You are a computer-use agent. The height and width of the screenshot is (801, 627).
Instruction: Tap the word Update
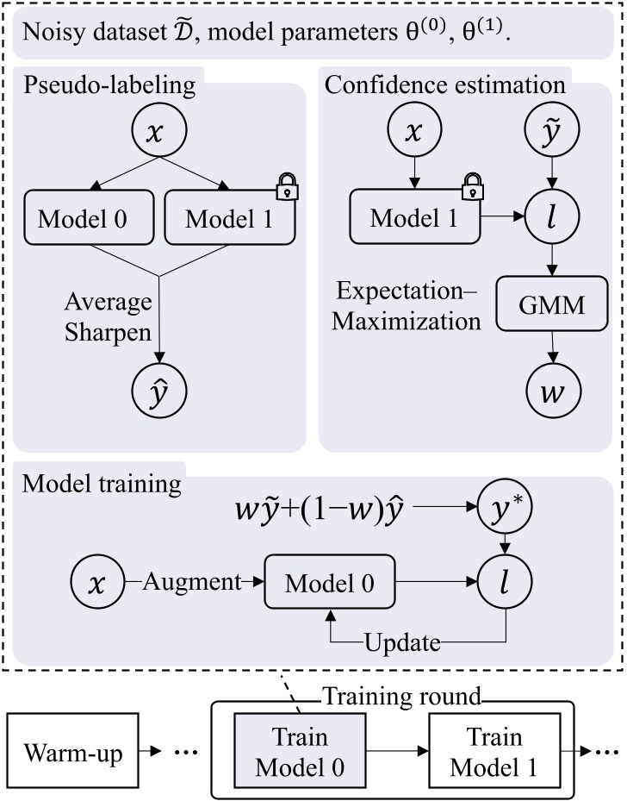click(403, 642)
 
